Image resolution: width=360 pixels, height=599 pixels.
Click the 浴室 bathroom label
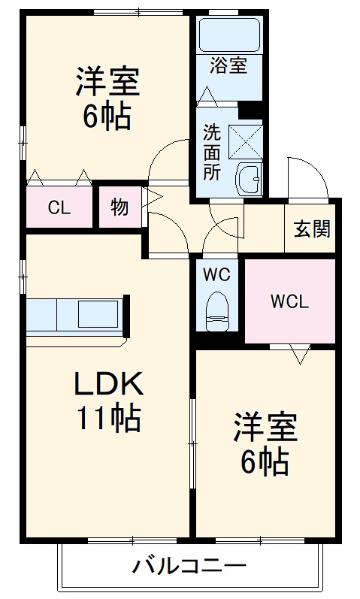coord(228,65)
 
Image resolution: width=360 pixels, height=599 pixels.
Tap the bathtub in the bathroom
coord(228,34)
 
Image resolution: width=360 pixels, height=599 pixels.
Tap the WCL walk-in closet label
coord(289,302)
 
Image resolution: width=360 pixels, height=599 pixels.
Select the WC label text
coord(217,274)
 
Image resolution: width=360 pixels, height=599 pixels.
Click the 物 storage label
coord(119,208)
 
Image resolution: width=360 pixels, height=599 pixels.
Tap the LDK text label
coord(107,385)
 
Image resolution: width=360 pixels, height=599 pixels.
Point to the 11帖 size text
coord(107,418)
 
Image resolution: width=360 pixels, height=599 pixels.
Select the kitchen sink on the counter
coord(98,312)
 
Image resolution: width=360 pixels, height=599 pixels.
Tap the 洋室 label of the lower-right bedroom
coord(265,428)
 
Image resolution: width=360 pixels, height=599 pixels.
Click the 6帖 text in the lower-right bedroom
coord(265,462)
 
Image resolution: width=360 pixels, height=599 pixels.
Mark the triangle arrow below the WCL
coord(300,353)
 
